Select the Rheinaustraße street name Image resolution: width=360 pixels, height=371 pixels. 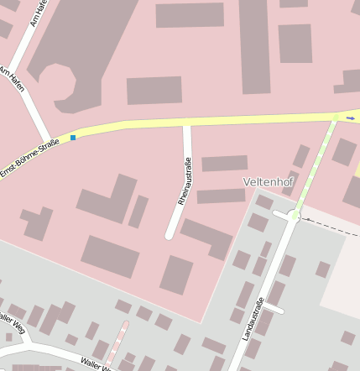tap(185, 179)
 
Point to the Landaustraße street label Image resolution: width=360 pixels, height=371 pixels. tap(252, 318)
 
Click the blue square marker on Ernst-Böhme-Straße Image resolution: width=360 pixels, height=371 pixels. tap(73, 137)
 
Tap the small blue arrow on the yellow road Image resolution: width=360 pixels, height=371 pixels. tap(350, 118)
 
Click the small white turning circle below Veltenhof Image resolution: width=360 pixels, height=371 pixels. tap(293, 217)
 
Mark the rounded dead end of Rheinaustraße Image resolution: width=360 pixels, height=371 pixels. tap(170, 234)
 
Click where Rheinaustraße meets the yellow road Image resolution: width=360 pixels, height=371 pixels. tap(187, 125)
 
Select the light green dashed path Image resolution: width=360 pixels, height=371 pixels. tap(314, 167)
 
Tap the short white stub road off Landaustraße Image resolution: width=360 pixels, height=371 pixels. tap(274, 309)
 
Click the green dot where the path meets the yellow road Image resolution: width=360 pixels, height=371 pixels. tap(337, 118)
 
